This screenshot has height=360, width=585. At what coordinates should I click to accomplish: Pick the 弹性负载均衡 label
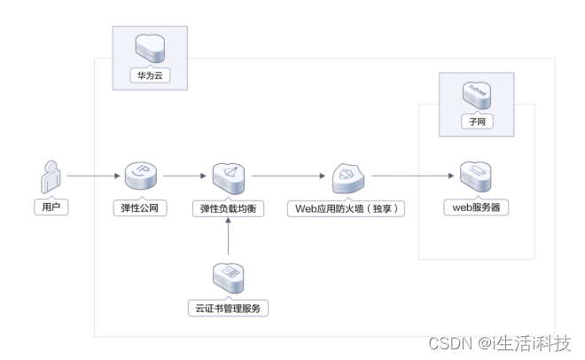(229, 209)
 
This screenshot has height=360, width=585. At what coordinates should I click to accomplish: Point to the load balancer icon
(230, 176)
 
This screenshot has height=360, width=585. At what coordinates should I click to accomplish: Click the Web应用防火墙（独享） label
(346, 209)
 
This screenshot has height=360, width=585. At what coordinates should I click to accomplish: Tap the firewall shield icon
(347, 177)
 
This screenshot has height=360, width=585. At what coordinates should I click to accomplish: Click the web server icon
(477, 176)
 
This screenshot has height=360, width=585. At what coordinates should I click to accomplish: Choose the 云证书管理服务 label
(230, 309)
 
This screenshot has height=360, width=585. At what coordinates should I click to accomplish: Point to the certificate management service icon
(230, 277)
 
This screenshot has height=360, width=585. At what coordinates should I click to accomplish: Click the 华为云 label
(149, 77)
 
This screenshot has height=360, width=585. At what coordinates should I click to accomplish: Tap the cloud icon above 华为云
(149, 46)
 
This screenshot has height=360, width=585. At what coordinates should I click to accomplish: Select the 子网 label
(477, 121)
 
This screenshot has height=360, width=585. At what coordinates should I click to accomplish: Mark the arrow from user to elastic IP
(93, 176)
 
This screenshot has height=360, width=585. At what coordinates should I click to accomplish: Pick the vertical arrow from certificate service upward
(230, 238)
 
